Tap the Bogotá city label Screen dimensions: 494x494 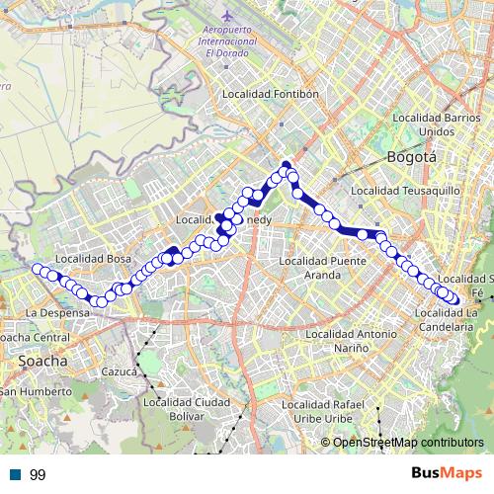tap(410, 157)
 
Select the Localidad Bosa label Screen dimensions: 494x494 tap(94, 259)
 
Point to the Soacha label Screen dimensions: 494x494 tap(42, 362)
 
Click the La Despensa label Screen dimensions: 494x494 tap(57, 312)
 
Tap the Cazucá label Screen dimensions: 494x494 tap(120, 371)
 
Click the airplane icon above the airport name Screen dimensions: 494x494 tap(226, 17)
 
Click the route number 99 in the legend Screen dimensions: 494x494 tap(37, 475)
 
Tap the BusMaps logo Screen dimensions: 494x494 tap(444, 473)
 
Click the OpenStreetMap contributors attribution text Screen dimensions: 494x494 tap(408, 442)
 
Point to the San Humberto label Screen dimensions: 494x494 tap(34, 391)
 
